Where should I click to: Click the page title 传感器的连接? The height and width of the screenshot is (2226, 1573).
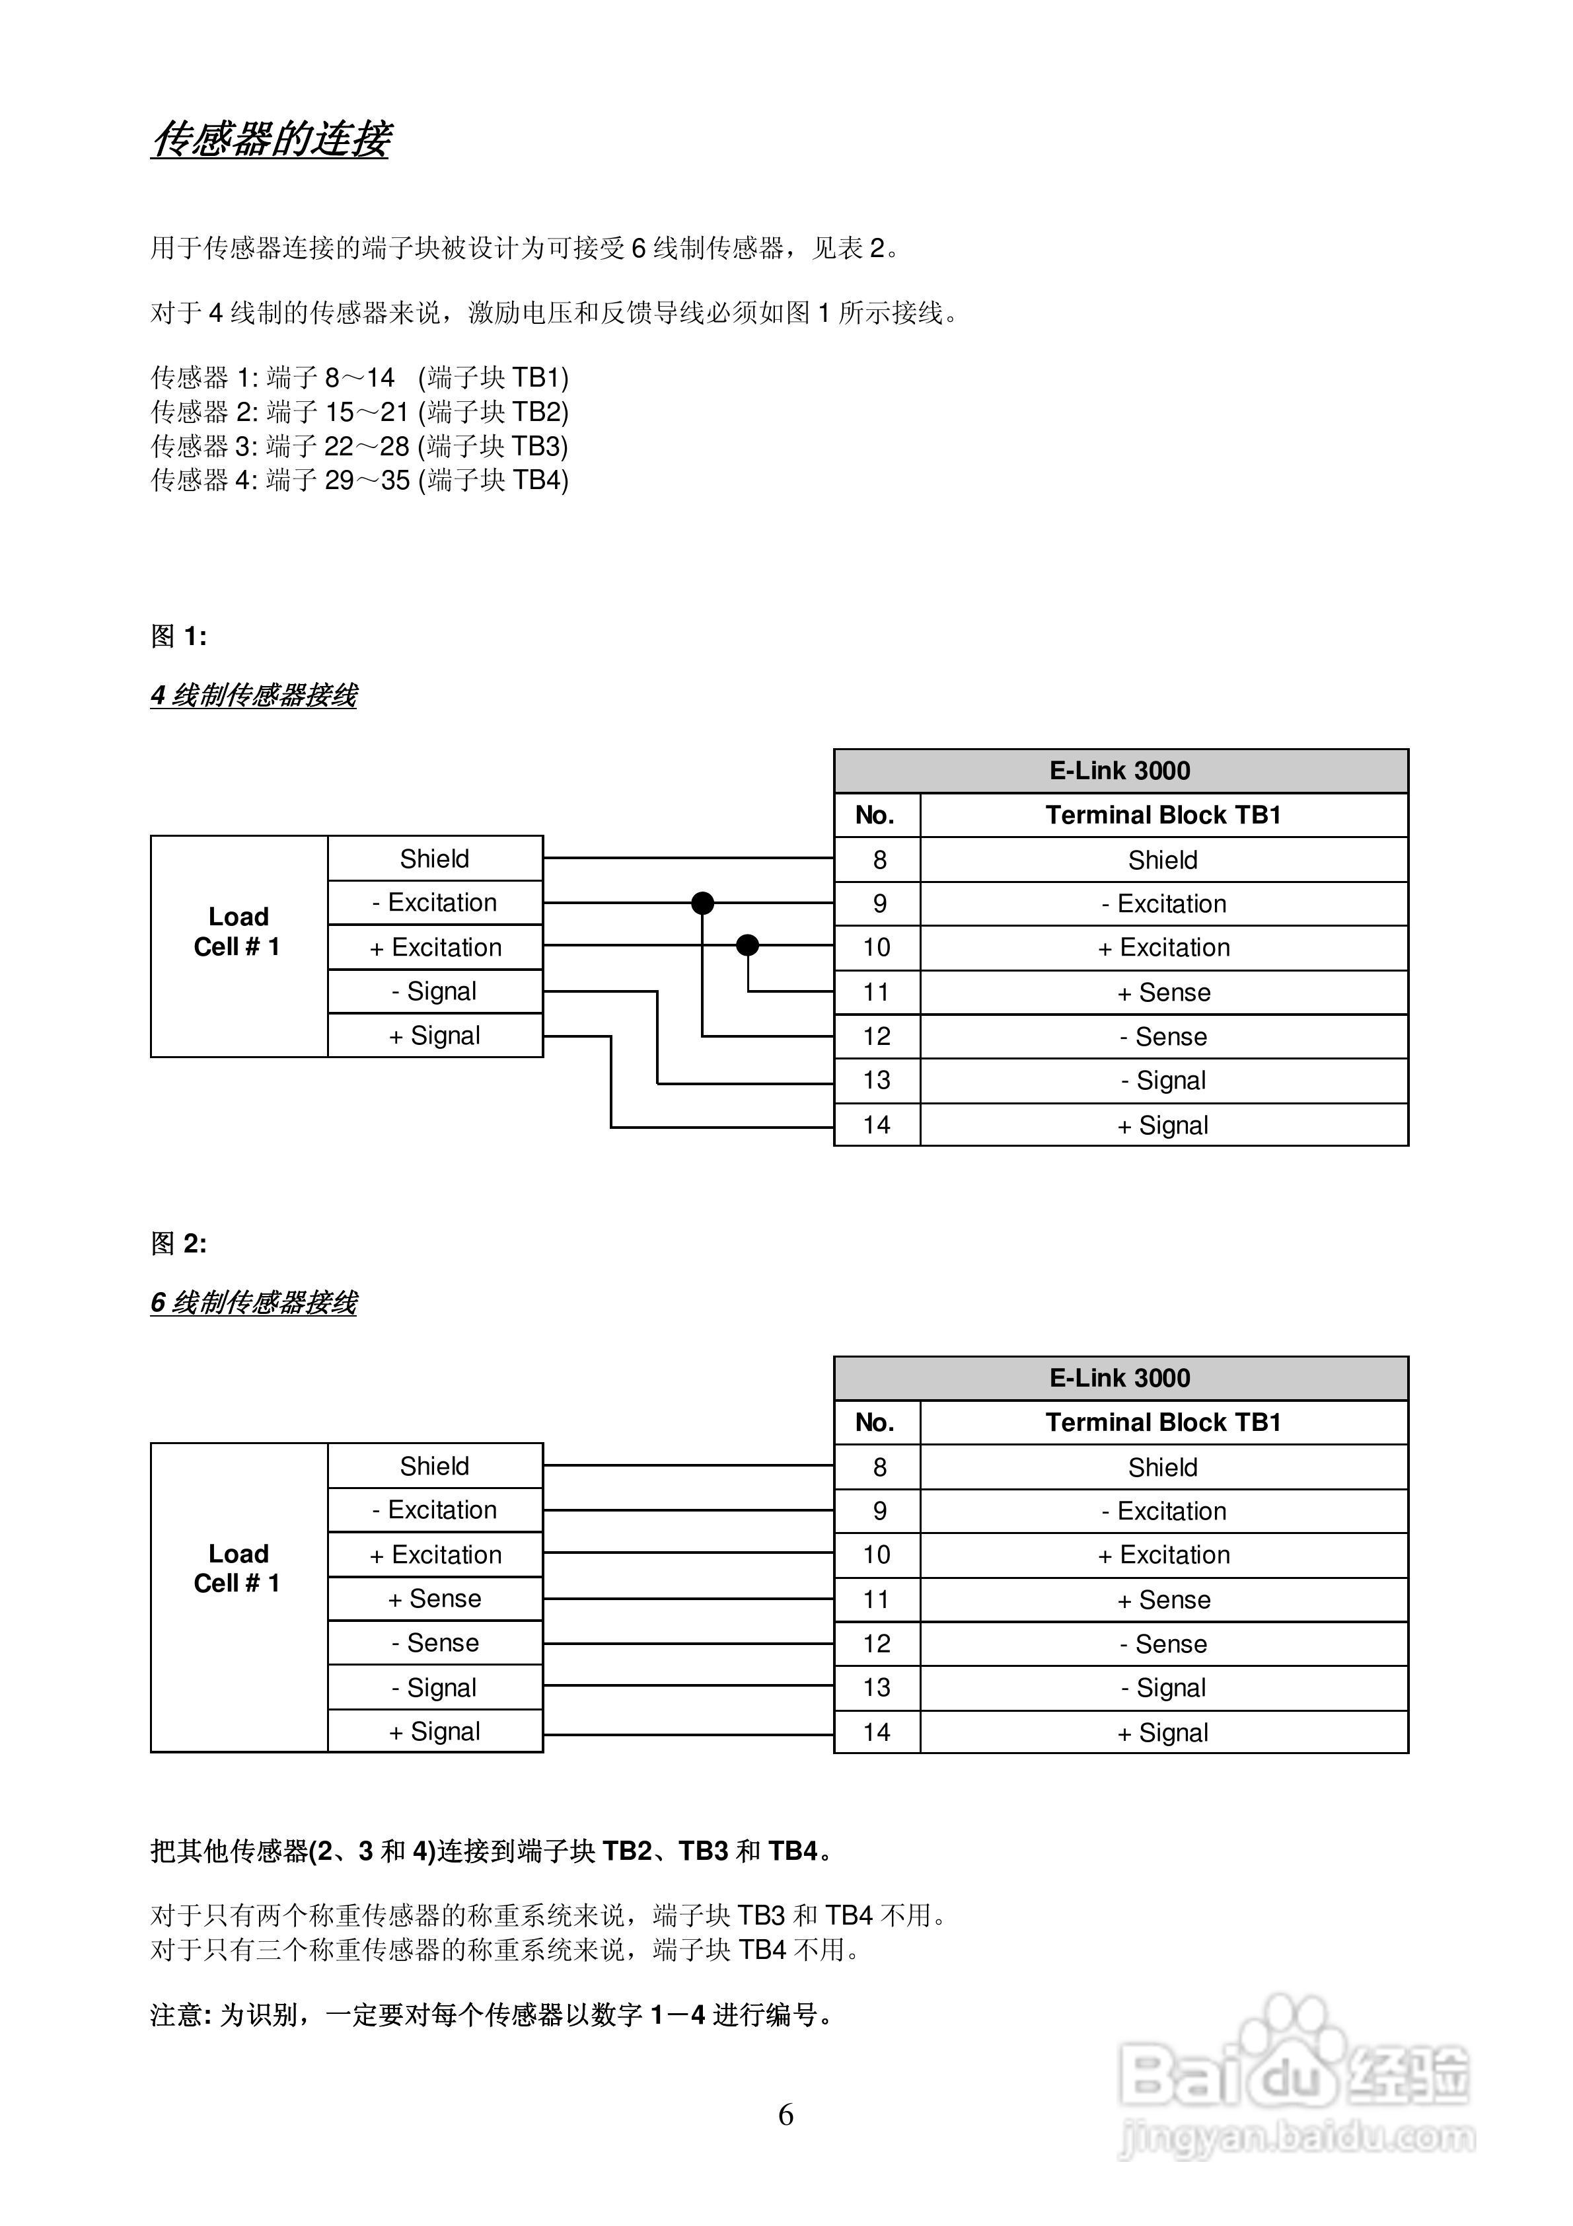pyautogui.click(x=270, y=139)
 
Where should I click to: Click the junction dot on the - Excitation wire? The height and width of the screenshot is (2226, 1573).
pyautogui.click(x=703, y=903)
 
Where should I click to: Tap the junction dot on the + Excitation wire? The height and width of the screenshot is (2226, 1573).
pyautogui.click(x=747, y=945)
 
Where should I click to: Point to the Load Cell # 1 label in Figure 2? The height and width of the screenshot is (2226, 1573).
pyautogui.click(x=237, y=1568)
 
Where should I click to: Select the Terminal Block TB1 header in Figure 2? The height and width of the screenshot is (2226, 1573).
pyautogui.click(x=1163, y=1422)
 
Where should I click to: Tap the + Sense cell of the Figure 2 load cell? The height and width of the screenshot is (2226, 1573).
pyautogui.click(x=435, y=1599)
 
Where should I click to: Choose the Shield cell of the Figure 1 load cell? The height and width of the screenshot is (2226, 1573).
pyautogui.click(x=435, y=859)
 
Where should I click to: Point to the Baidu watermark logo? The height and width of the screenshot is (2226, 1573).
pyautogui.click(x=1294, y=2075)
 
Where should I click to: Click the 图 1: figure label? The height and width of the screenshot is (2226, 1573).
pyautogui.click(x=178, y=636)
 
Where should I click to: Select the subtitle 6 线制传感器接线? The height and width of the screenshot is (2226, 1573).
pyautogui.click(x=254, y=1302)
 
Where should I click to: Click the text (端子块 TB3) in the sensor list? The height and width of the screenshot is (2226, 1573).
pyautogui.click(x=494, y=446)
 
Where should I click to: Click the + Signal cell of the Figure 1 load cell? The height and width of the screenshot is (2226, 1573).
pyautogui.click(x=435, y=1036)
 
